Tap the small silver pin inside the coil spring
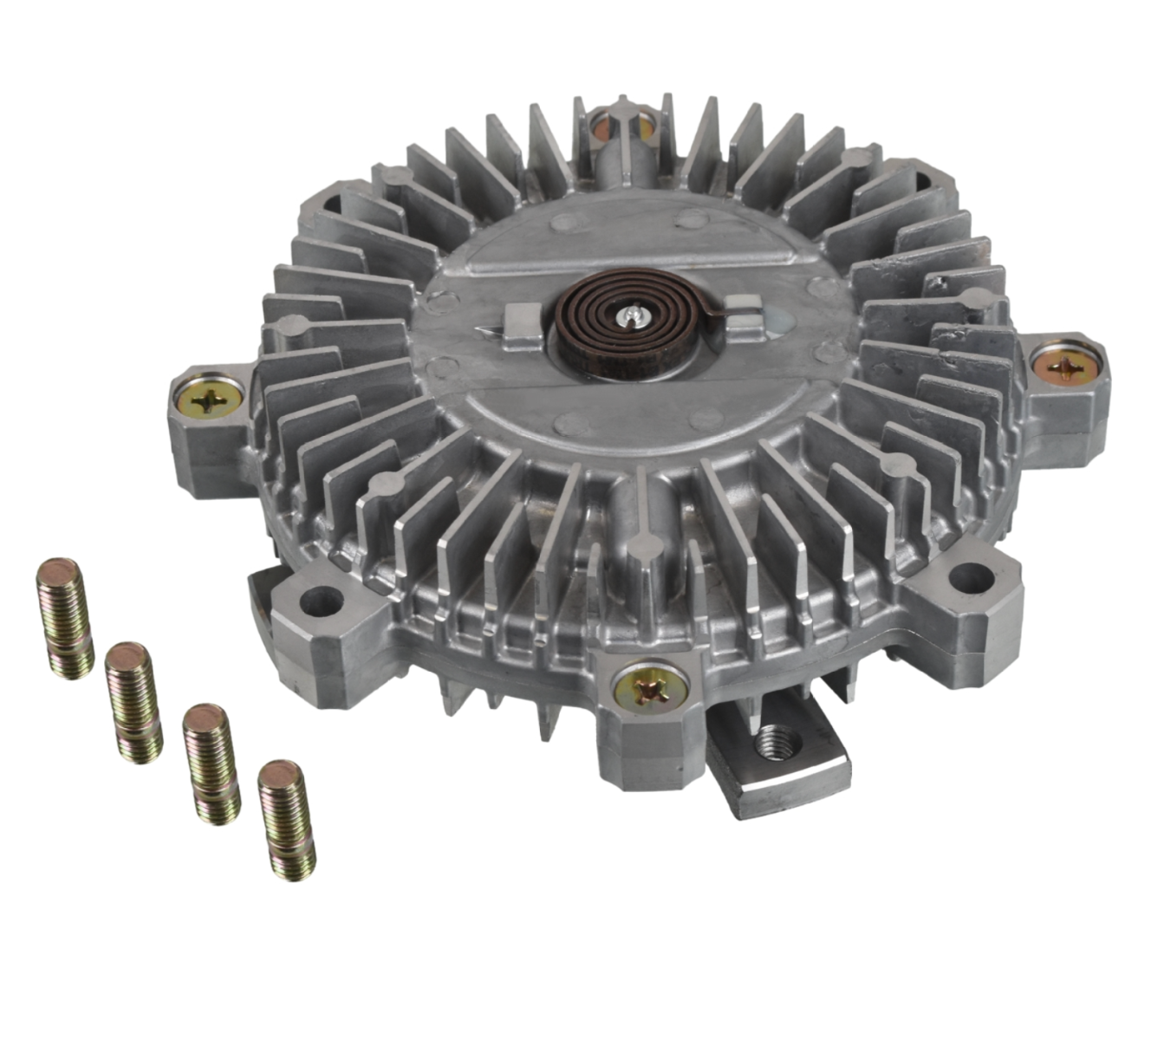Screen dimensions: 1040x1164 coord(635,317)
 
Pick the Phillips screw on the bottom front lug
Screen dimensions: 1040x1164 coord(650,690)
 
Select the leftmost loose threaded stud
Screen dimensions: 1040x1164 coord(65,617)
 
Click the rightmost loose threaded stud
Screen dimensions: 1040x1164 coord(287,819)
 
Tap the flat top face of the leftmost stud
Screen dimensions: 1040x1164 coord(60,572)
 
